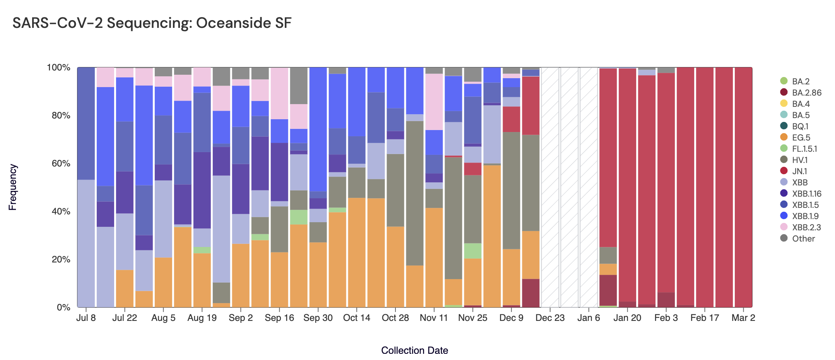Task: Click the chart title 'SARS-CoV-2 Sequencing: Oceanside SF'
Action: pyautogui.click(x=152, y=23)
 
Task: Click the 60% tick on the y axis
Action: pyautogui.click(x=58, y=163)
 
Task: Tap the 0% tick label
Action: pyautogui.click(x=63, y=307)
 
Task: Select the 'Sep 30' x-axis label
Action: pyautogui.click(x=318, y=318)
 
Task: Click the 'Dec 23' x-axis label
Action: pyautogui.click(x=550, y=318)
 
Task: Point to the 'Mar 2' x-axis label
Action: pyautogui.click(x=743, y=318)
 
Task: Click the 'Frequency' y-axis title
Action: pyautogui.click(x=13, y=187)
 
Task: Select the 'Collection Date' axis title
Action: pyautogui.click(x=414, y=350)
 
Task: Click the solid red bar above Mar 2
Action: pyautogui.click(x=743, y=187)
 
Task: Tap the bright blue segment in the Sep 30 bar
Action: pyautogui.click(x=318, y=129)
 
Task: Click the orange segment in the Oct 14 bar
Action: pyautogui.click(x=357, y=252)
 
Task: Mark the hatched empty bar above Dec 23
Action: pyautogui.click(x=550, y=187)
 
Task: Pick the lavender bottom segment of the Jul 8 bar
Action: pyautogui.click(x=86, y=243)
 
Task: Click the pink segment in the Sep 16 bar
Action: pyautogui.click(x=279, y=93)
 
